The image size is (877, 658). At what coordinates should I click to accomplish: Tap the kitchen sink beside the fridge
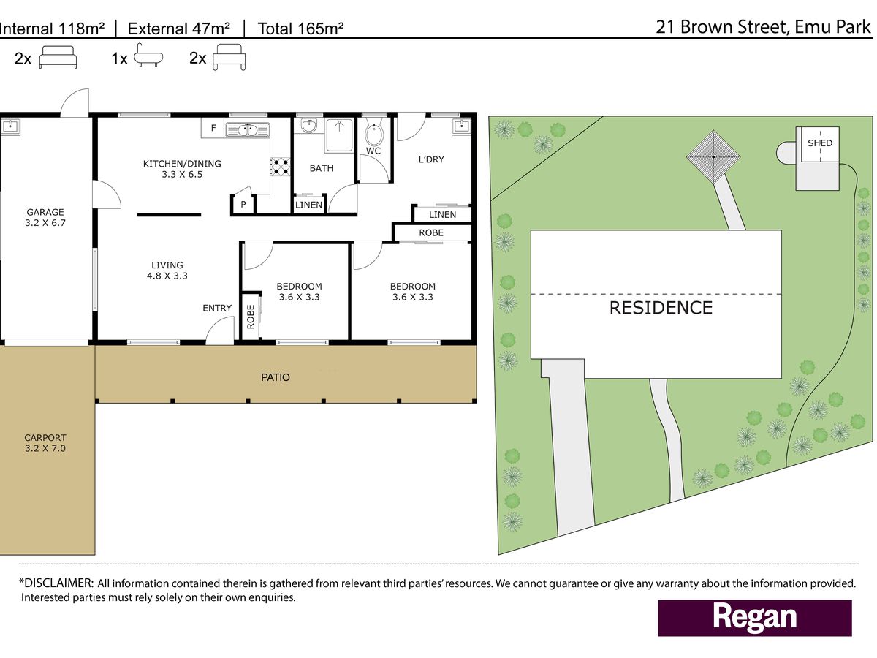(x=248, y=130)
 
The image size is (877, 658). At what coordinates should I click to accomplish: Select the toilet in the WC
(x=374, y=135)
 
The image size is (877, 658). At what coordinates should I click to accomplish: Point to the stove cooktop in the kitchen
(x=280, y=167)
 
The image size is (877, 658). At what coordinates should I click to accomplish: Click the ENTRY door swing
(x=220, y=330)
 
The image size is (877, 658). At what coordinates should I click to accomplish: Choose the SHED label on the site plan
(x=820, y=143)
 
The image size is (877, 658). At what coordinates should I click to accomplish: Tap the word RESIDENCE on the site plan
(x=661, y=308)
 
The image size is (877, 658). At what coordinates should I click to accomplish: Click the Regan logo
(x=755, y=618)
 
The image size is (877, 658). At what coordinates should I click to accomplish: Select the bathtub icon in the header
(x=148, y=56)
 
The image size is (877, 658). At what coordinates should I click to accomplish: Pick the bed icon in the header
(x=58, y=57)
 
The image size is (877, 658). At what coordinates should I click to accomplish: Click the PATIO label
(x=276, y=377)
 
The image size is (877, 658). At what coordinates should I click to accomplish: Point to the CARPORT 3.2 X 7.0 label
(x=45, y=443)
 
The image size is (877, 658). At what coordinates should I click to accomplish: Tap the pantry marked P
(x=243, y=205)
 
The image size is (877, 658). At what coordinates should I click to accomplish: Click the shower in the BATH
(x=339, y=135)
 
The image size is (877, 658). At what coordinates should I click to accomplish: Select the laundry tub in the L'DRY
(x=461, y=126)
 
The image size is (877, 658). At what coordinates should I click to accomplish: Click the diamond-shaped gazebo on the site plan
(x=713, y=156)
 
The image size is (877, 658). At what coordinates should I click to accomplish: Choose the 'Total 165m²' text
(x=300, y=29)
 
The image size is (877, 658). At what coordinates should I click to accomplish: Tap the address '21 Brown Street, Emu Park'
(x=763, y=27)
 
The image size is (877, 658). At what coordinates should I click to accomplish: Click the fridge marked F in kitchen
(x=213, y=128)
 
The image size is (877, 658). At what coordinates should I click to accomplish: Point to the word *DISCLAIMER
(x=56, y=583)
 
